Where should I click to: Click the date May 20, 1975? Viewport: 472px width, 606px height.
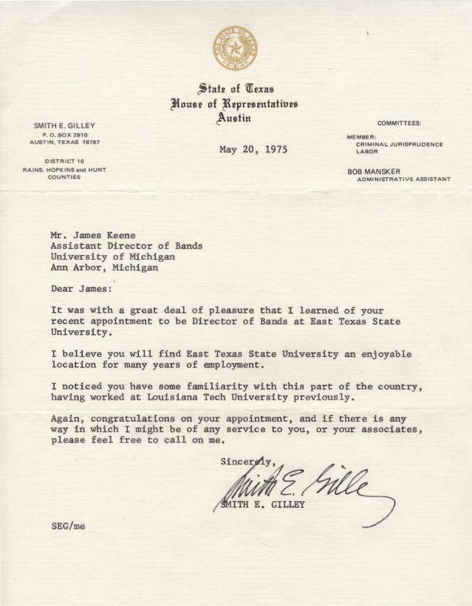(253, 149)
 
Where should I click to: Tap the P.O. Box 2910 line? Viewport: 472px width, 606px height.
(64, 135)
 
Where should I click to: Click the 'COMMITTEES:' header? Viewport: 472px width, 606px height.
(399, 123)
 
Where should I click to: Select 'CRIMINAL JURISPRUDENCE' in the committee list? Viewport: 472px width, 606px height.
(399, 144)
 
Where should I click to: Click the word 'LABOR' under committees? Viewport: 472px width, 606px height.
(367, 151)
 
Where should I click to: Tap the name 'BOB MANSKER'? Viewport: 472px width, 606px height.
(374, 172)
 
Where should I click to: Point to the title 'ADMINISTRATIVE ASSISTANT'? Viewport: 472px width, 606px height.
(403, 179)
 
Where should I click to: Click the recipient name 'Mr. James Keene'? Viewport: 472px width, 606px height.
(93, 235)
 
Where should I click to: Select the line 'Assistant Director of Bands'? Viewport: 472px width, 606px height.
(126, 246)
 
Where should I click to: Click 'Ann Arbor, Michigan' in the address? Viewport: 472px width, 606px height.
(104, 267)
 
